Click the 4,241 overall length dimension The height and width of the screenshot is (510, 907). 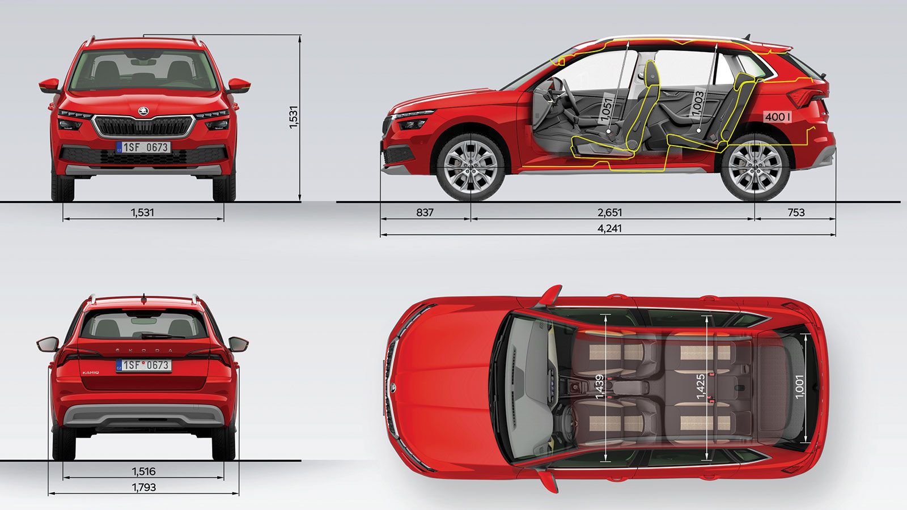click(609, 228)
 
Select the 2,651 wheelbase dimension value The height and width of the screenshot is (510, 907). click(609, 212)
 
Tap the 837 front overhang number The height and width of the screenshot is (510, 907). click(425, 212)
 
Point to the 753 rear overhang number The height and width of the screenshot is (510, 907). click(796, 212)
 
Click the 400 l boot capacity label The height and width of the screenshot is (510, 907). click(777, 117)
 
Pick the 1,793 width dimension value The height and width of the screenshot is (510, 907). click(144, 487)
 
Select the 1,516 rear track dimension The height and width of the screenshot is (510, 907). click(144, 471)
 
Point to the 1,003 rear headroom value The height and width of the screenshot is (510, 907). click(698, 104)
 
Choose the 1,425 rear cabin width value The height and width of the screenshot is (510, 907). click(701, 386)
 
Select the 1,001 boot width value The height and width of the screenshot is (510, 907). click(799, 386)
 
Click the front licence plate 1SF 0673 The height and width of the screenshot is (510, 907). click(143, 147)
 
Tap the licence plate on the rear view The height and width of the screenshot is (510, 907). click(144, 365)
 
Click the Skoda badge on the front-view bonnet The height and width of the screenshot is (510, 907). click(143, 110)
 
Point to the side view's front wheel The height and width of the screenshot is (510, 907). click(471, 167)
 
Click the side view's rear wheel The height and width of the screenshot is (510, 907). click(755, 167)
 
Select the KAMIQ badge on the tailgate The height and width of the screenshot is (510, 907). click(90, 372)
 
